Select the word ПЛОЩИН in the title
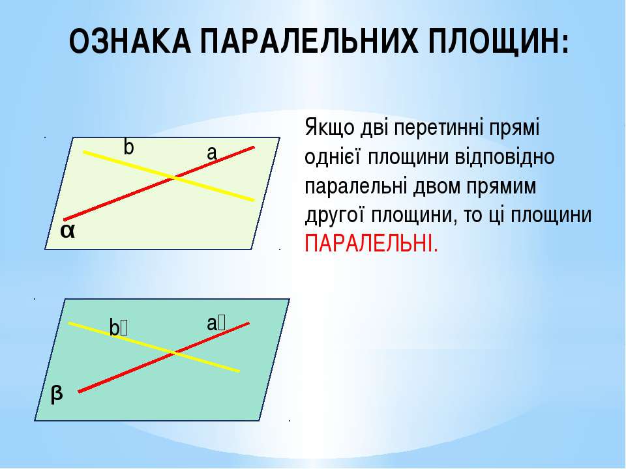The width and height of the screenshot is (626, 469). click(x=494, y=42)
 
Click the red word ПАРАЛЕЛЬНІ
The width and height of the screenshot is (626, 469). click(x=371, y=243)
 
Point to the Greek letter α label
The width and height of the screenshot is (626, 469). click(x=67, y=231)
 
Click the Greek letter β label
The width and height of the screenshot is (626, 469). click(x=57, y=394)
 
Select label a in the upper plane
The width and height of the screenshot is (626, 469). click(x=212, y=152)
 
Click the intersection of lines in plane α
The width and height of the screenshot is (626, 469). click(x=173, y=177)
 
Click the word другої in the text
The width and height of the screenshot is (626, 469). click(x=335, y=216)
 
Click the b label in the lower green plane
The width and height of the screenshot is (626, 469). click(x=119, y=328)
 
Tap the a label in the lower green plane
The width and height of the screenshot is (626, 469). click(x=216, y=324)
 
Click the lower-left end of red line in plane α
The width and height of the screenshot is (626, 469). click(x=65, y=220)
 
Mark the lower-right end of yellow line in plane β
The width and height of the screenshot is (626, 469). click(x=239, y=371)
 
